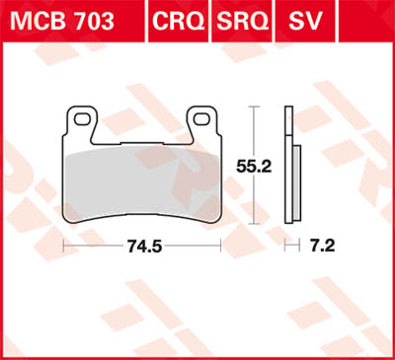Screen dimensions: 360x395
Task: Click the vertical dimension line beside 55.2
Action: [258, 128]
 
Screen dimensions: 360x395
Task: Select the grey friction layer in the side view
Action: [291, 178]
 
